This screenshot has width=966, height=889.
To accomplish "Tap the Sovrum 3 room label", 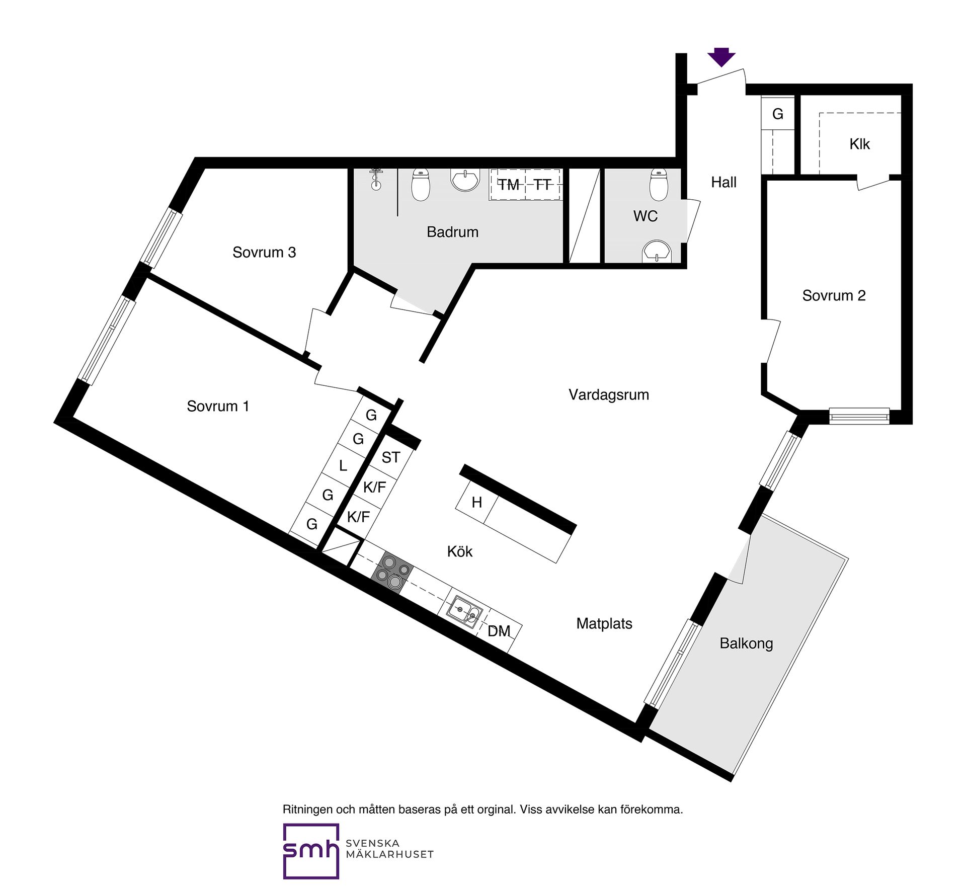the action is click(x=264, y=252).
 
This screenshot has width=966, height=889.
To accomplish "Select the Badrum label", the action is click(x=452, y=232).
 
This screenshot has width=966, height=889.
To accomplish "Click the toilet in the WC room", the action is click(x=659, y=185).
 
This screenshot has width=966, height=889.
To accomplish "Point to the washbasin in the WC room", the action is click(x=657, y=251).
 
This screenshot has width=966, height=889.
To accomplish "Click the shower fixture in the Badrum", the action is click(x=376, y=179).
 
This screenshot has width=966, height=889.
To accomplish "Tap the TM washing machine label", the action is click(x=508, y=185).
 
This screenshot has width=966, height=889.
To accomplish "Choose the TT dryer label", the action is click(x=542, y=185).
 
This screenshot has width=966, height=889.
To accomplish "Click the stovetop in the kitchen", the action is click(x=392, y=573).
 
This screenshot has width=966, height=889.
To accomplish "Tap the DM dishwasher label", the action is click(x=499, y=631).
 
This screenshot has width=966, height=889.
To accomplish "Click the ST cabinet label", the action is click(x=391, y=457).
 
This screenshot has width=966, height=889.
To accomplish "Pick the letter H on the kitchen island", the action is click(x=477, y=502).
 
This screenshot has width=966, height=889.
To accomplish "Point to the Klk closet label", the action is click(x=859, y=144).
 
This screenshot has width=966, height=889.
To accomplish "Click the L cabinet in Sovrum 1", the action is click(x=343, y=465).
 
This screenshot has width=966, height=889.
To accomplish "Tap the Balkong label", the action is click(x=746, y=643).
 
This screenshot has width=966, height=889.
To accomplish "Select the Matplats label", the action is click(x=604, y=624).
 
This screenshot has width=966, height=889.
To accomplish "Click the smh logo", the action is click(x=311, y=851).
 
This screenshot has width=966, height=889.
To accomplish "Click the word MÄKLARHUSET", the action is click(x=389, y=854).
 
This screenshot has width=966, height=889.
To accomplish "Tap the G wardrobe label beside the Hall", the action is click(x=778, y=114).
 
